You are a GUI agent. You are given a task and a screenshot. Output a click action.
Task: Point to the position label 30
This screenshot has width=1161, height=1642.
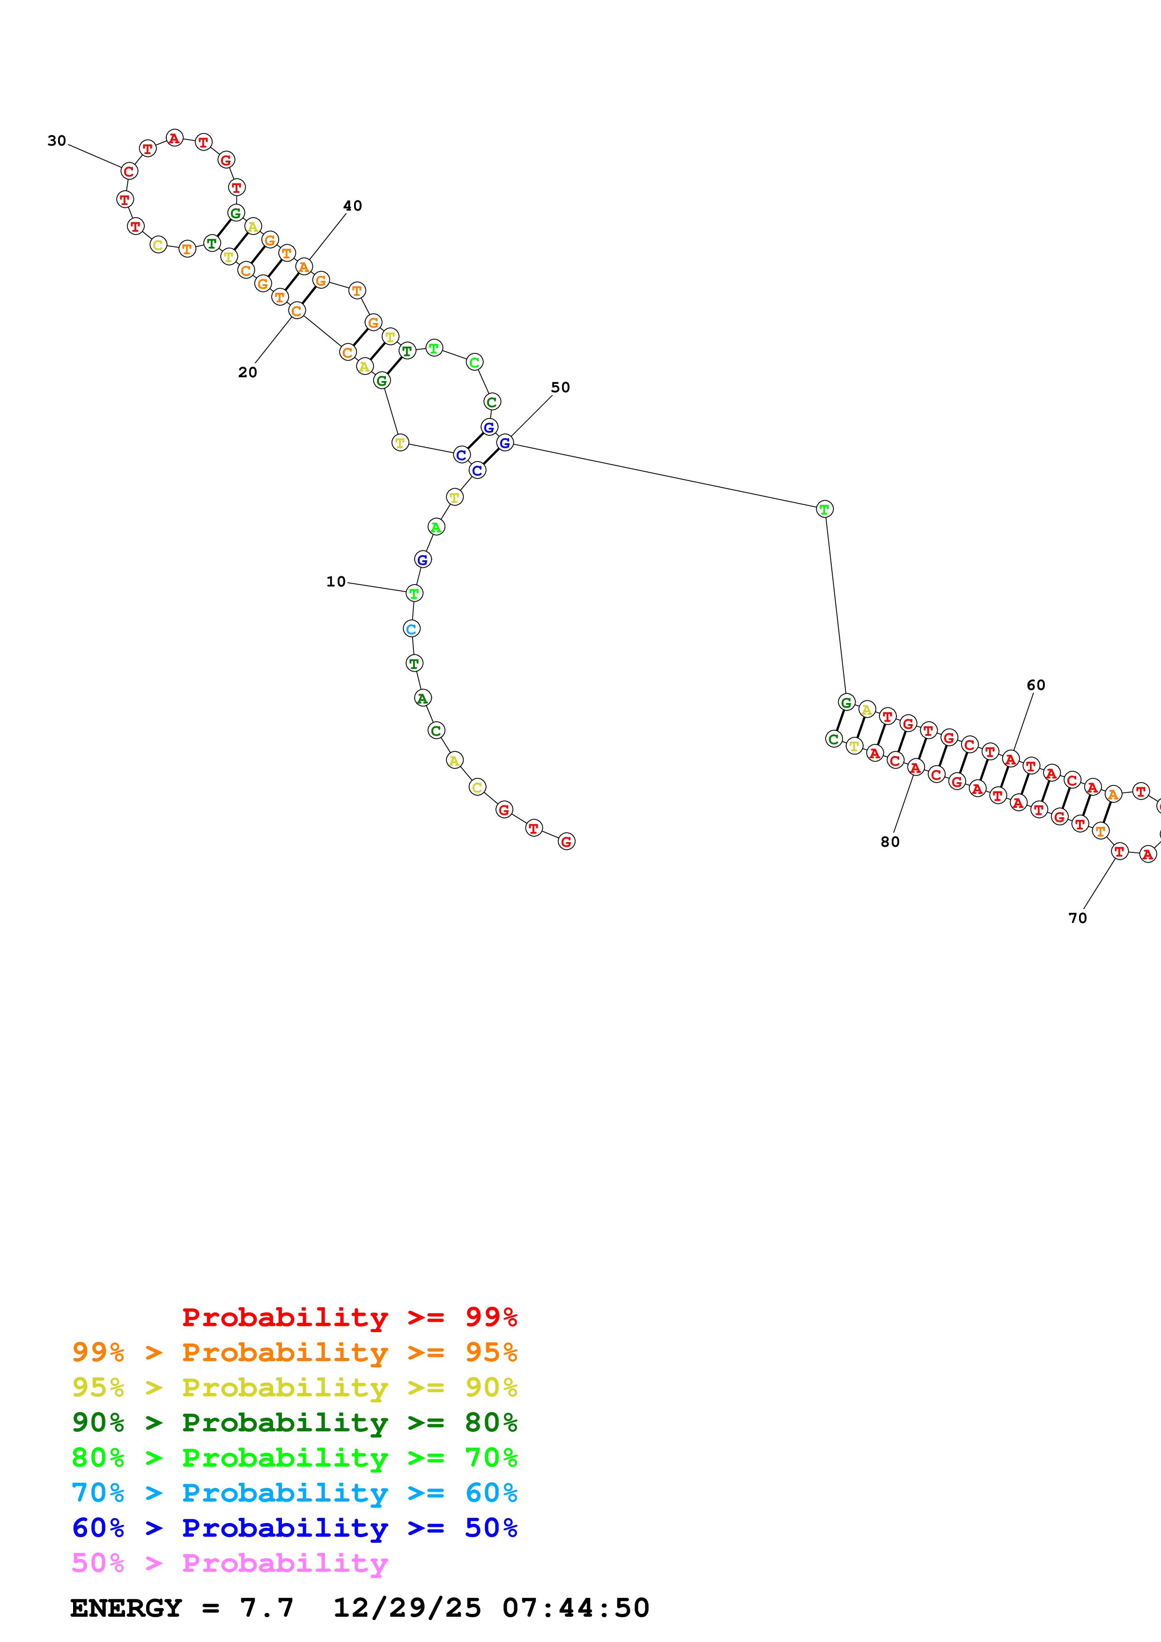click(57, 141)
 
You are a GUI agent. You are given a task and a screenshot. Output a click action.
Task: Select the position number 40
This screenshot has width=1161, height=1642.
click(353, 206)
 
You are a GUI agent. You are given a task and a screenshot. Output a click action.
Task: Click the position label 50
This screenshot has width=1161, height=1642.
click(560, 388)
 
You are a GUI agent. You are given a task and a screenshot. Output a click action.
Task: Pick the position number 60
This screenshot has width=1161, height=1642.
click(1036, 685)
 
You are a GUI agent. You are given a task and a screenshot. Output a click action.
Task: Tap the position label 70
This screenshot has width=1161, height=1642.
click(1077, 918)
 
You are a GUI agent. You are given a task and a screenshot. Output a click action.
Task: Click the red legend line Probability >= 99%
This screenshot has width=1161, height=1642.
click(349, 1317)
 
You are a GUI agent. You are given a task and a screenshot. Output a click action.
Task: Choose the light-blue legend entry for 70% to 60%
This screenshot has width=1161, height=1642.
click(294, 1493)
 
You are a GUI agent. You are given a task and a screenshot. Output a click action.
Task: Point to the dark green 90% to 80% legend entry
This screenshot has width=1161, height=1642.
click(294, 1422)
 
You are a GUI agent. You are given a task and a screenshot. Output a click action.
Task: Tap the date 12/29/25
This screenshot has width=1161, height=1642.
click(407, 1608)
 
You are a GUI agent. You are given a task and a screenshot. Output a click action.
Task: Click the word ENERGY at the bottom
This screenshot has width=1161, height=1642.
click(126, 1608)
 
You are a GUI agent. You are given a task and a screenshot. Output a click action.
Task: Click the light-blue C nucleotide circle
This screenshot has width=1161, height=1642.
click(411, 629)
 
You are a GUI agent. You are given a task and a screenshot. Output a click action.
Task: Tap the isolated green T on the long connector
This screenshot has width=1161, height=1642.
click(824, 509)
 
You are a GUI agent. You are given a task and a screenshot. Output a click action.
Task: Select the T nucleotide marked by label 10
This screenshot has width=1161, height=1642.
click(414, 593)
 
